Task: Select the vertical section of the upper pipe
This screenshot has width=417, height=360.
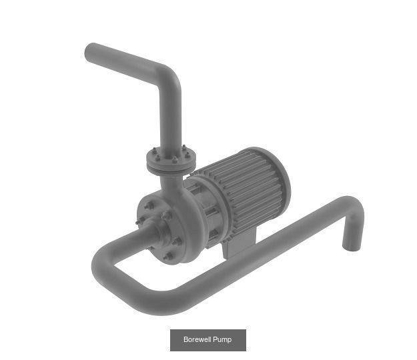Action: click(171, 117)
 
